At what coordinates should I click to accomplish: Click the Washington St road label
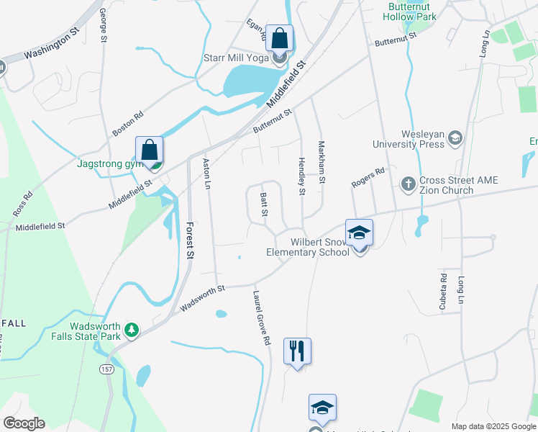(x=50, y=44)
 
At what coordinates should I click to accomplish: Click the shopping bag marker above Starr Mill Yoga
(x=280, y=38)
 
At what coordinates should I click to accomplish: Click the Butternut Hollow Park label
(x=410, y=11)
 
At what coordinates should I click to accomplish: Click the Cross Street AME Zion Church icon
(x=408, y=182)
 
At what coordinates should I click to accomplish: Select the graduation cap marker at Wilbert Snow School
(x=359, y=233)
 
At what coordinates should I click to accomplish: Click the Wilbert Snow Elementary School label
(x=308, y=247)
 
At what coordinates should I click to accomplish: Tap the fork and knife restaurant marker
(x=297, y=351)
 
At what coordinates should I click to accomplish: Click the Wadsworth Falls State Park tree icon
(x=132, y=330)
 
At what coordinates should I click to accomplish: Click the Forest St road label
(x=190, y=240)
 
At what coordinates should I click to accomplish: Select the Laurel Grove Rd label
(x=261, y=317)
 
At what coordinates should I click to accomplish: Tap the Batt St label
(x=264, y=205)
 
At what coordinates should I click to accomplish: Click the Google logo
(x=24, y=423)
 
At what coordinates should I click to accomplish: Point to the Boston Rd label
(x=129, y=124)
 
